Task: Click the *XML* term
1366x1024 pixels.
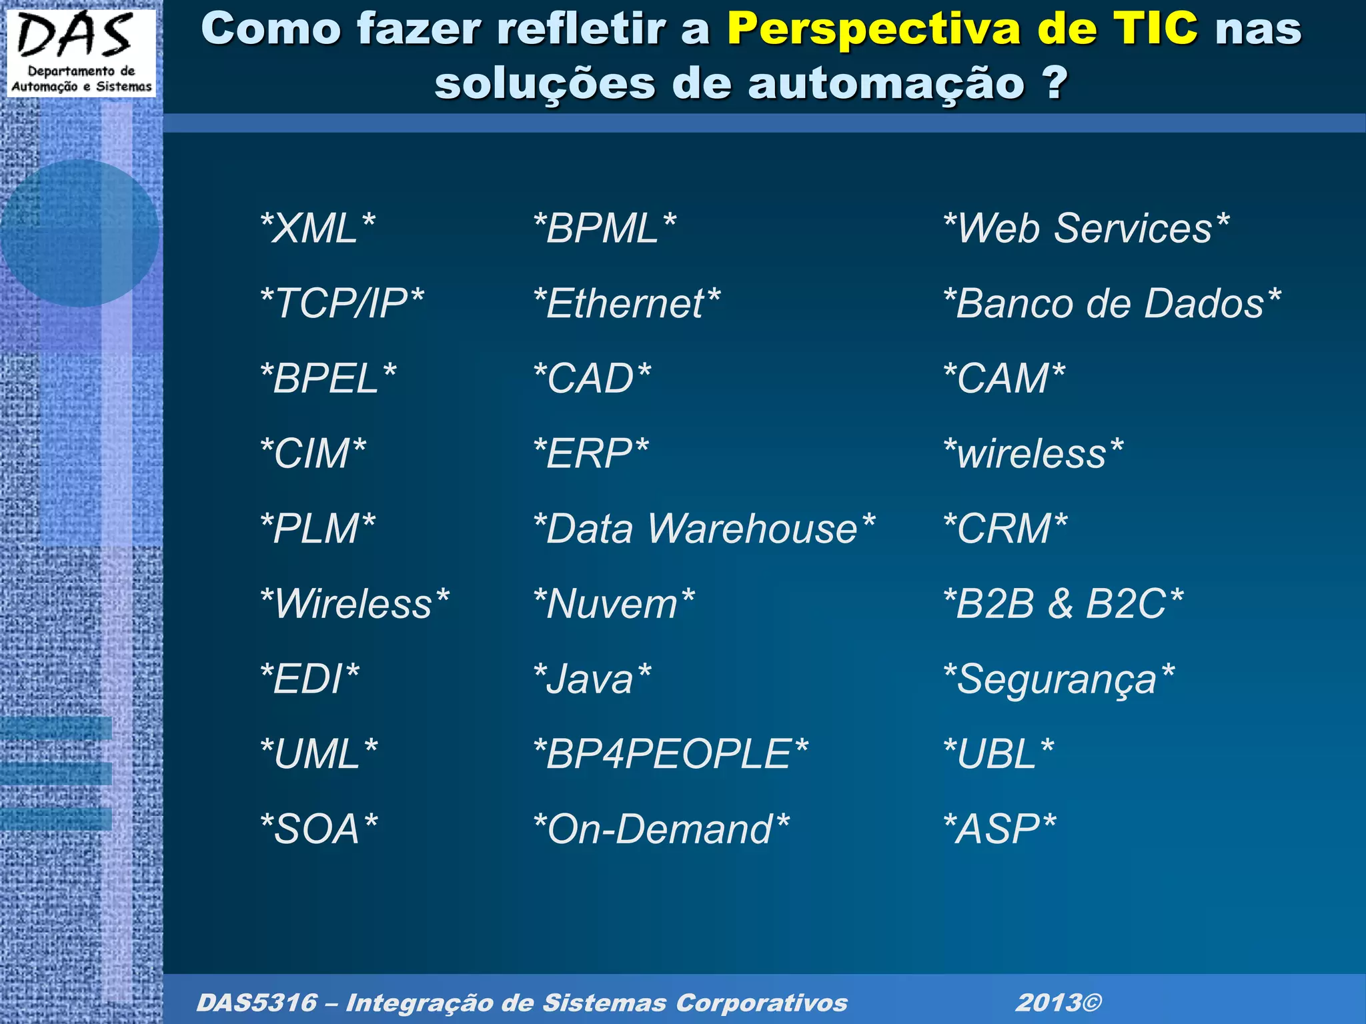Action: point(317,229)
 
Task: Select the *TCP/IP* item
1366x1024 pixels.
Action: point(341,304)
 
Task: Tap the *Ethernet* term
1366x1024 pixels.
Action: point(627,304)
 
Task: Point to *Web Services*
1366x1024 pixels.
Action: point(1086,229)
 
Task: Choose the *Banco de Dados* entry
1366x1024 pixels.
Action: point(1112,304)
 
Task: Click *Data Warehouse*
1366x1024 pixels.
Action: point(704,529)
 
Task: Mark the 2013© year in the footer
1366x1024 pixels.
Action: point(1059,1003)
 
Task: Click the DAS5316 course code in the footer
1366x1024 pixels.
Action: point(256,1003)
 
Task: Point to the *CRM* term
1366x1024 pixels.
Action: point(1005,529)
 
